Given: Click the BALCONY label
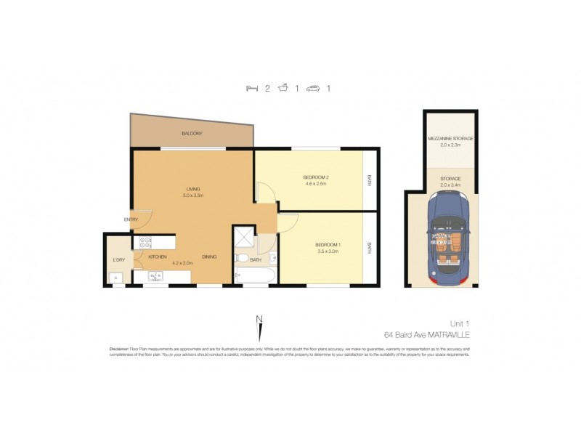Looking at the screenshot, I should [192, 134].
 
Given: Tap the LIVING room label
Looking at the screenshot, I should [192, 189].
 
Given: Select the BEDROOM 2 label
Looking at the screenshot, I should [317, 177].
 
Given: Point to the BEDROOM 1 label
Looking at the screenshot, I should [329, 245].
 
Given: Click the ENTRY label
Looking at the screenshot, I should [131, 219].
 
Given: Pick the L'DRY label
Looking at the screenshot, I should [119, 259].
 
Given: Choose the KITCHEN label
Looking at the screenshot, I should [158, 257].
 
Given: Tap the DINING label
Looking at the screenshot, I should [210, 257].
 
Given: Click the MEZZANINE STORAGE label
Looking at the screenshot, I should [451, 138].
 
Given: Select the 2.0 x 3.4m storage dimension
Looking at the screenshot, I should [451, 185].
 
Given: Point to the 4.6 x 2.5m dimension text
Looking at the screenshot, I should [317, 185].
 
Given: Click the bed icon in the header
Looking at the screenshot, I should [251, 89].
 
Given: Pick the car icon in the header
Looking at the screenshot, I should [314, 89].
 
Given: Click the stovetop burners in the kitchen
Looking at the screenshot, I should [145, 243].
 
